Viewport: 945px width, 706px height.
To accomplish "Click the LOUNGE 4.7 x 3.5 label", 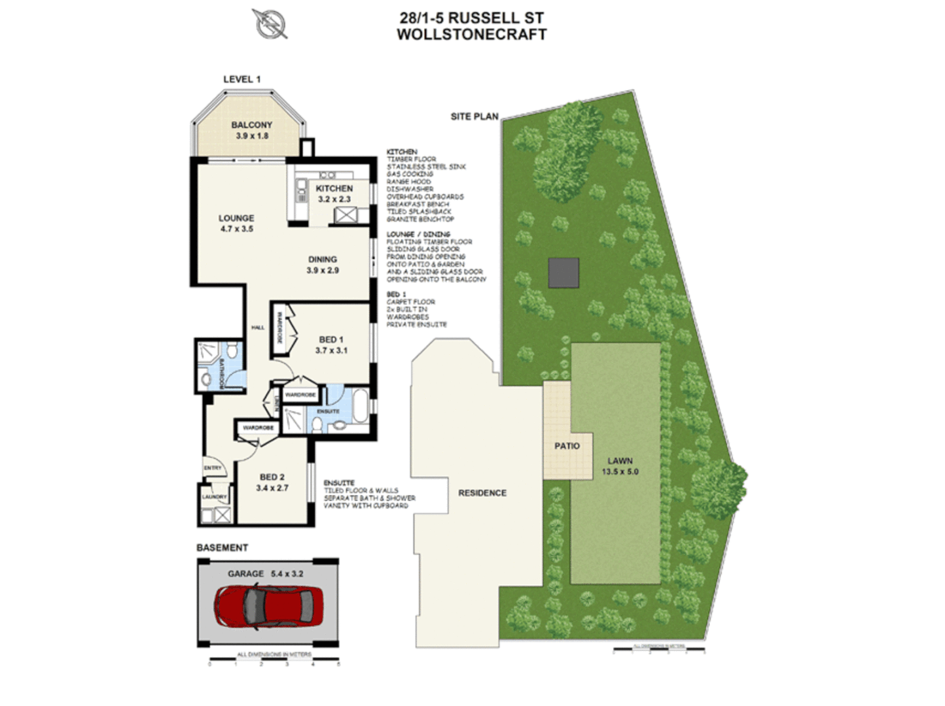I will click(x=236, y=223).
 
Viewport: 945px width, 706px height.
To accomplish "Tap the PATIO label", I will click(x=567, y=446).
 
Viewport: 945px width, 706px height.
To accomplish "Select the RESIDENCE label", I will click(x=482, y=493).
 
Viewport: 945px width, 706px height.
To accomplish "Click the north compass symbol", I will click(x=270, y=24).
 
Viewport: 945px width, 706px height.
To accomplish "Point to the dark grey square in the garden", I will click(x=563, y=273).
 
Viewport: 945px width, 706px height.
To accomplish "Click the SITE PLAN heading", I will click(x=474, y=116).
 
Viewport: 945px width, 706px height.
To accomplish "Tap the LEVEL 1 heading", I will click(x=241, y=79).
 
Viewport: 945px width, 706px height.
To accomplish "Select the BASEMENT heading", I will click(x=222, y=547).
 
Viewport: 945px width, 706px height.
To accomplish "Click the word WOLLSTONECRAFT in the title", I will click(x=471, y=35).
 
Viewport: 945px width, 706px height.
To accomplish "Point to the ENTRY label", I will click(x=213, y=468).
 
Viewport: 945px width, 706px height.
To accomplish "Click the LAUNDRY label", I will click(x=214, y=497).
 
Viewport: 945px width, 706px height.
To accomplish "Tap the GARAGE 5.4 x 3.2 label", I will click(x=265, y=573).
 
